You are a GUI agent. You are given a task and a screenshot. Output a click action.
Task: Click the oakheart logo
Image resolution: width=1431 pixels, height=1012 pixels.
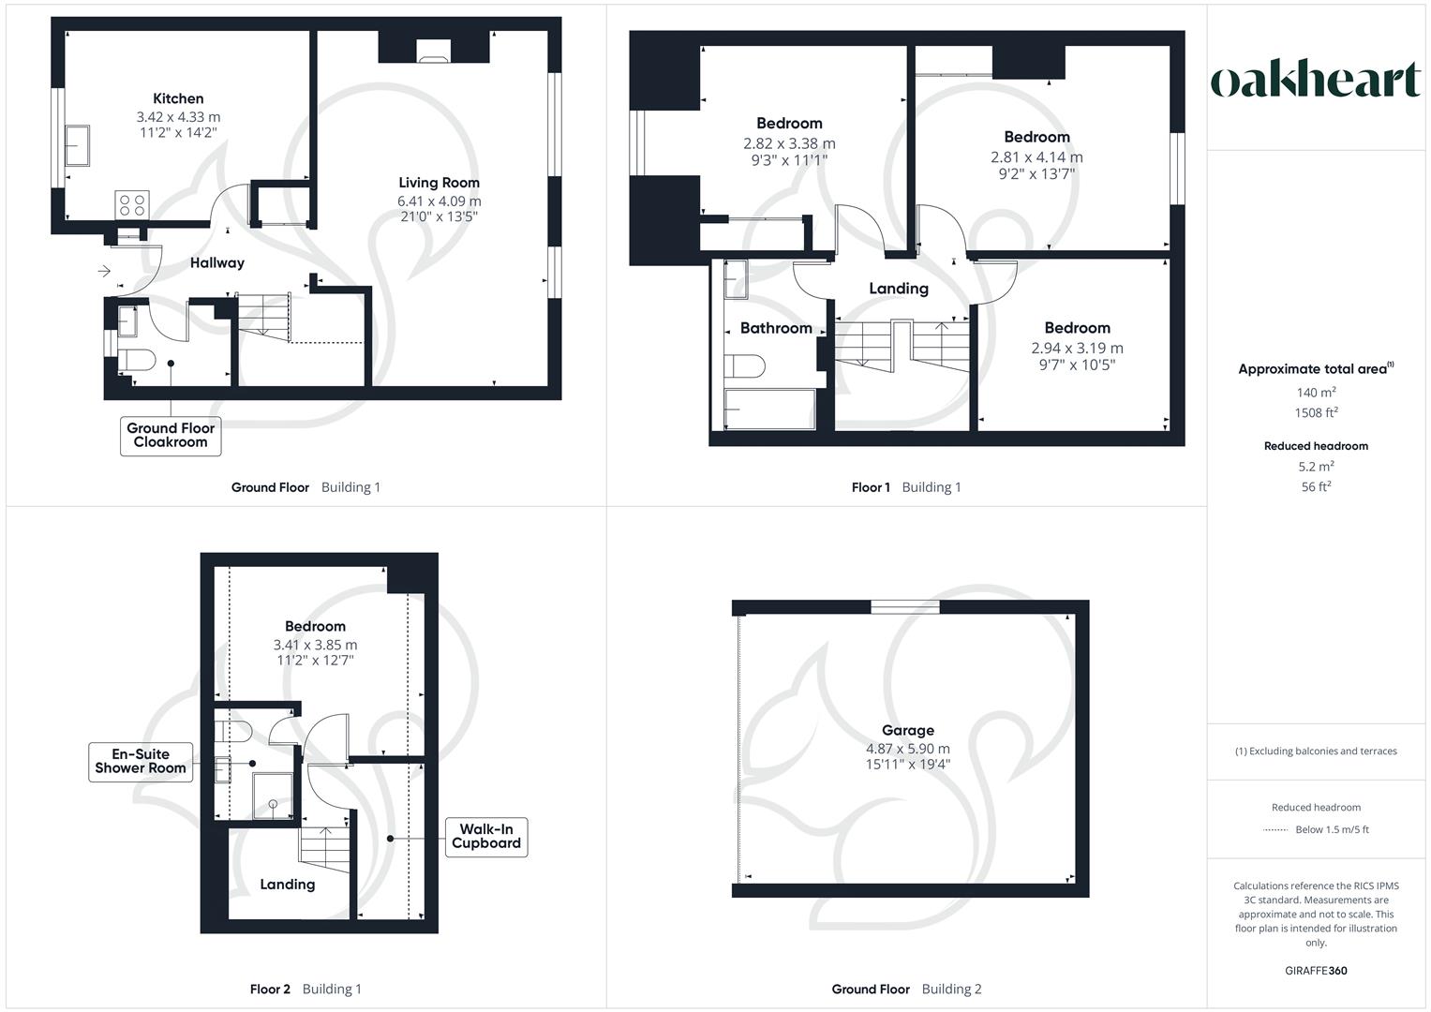[1316, 81]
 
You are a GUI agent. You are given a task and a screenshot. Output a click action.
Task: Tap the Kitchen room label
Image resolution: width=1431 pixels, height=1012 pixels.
[178, 98]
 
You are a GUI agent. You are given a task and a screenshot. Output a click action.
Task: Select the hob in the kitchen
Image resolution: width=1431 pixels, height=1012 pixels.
[131, 204]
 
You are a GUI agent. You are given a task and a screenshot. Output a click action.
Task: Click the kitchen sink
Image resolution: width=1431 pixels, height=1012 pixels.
[77, 146]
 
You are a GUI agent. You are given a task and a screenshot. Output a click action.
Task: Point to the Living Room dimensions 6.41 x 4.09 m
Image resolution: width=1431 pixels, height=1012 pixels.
[439, 201]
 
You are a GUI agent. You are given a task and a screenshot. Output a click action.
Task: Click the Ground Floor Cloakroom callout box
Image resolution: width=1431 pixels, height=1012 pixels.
[171, 436]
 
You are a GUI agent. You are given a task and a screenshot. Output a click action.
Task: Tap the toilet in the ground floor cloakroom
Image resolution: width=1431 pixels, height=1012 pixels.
[137, 361]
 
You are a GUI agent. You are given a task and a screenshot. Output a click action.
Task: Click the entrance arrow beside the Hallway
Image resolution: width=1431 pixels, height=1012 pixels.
[104, 272]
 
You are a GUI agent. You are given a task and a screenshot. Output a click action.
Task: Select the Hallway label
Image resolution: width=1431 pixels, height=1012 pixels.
[216, 263]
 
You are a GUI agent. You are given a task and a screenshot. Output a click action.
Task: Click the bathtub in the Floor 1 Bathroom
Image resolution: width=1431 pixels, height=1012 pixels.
[769, 409]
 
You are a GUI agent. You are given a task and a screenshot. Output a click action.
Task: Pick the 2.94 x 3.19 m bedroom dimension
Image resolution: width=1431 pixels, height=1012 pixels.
[1077, 348]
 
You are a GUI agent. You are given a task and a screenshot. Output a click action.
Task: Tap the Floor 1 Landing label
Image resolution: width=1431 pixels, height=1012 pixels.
[898, 289]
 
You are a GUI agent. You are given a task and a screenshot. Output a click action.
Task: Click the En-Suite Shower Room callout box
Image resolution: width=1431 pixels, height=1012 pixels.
[141, 761]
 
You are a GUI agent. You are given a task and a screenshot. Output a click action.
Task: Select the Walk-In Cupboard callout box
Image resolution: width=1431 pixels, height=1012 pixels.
[485, 836]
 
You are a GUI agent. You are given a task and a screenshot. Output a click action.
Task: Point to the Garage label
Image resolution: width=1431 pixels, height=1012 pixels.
[907, 730]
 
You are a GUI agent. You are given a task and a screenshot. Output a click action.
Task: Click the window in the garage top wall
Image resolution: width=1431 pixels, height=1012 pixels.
[904, 607]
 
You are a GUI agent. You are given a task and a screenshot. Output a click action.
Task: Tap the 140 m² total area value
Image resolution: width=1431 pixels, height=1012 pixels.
[1316, 394]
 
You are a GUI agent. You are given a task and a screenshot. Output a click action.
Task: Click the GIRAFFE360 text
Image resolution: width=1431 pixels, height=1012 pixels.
[1316, 971]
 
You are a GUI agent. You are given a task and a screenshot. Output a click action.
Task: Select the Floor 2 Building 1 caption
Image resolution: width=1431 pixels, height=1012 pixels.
[306, 990]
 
